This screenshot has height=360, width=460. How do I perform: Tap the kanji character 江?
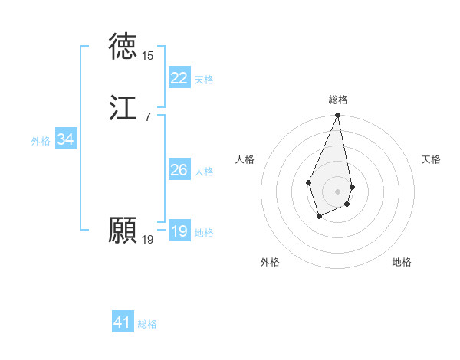[x=123, y=108]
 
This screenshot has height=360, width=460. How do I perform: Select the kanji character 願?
[x=123, y=231]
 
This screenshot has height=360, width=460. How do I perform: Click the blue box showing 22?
[x=179, y=78]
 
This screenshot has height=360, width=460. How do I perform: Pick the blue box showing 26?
[x=179, y=170]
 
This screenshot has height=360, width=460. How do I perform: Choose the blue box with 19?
[x=179, y=231]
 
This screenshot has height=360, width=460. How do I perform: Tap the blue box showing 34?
[x=65, y=139]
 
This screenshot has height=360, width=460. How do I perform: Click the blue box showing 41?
[x=123, y=322]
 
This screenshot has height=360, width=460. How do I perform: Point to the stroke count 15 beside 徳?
[x=148, y=56]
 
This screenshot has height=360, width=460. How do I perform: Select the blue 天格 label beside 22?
[x=204, y=80]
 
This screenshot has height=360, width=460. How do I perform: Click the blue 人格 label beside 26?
[x=204, y=172]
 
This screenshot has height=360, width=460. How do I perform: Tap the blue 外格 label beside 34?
[x=41, y=141]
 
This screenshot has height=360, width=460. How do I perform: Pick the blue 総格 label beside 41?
[x=147, y=324]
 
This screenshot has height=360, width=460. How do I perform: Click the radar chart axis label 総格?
[x=337, y=100]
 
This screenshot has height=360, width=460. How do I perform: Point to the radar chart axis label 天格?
[x=431, y=159]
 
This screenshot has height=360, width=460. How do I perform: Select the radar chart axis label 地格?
[x=402, y=262]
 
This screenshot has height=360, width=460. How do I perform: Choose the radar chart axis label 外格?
[x=270, y=262]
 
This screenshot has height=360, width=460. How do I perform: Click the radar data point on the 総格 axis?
[x=337, y=116]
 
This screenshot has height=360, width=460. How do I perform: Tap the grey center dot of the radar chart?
[x=337, y=191]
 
